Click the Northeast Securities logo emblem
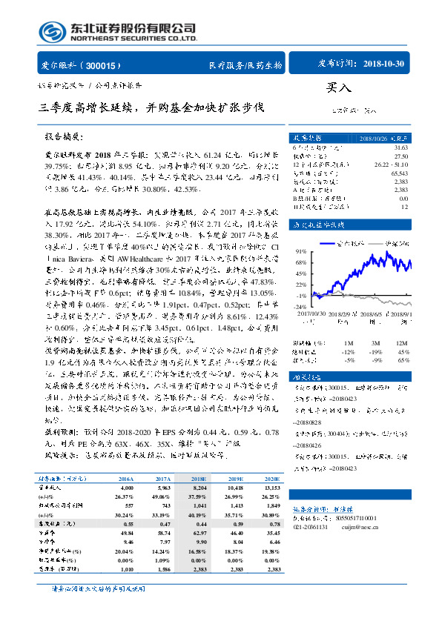coord(50,32)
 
